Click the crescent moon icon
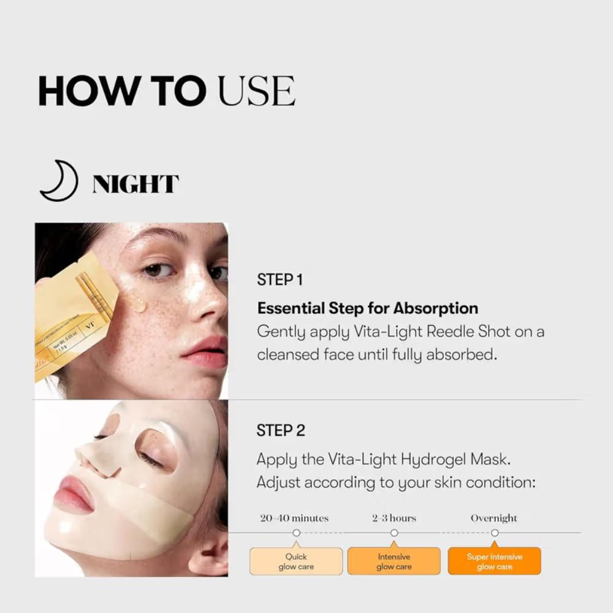pos(59,182)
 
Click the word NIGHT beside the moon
pos(135,184)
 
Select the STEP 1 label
pos(280,280)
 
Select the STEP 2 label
pos(280,431)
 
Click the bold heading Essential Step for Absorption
pos(367,308)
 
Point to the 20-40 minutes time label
pos(294,518)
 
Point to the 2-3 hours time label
pos(394,518)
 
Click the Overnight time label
pos(493,518)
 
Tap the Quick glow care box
pos(296,562)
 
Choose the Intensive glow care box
pos(394,562)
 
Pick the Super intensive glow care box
pos(494,562)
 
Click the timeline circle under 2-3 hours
pos(394,533)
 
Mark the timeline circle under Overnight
pos(495,533)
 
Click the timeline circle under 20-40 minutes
pos(296,533)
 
